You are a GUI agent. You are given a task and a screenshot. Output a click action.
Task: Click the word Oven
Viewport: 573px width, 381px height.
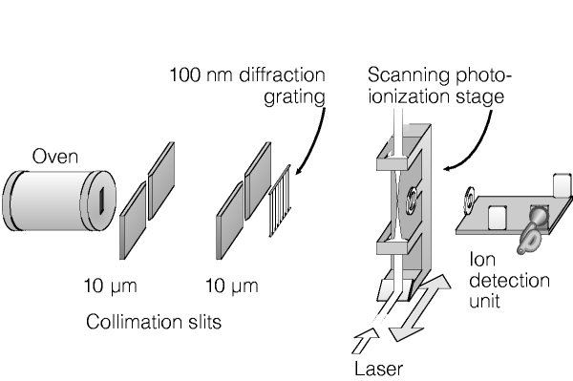55,157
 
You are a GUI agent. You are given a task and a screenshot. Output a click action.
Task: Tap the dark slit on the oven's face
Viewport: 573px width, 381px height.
103,200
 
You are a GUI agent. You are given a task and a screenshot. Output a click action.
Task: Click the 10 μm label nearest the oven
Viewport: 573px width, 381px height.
111,286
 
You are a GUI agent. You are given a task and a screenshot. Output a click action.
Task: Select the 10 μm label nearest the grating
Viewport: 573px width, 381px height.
232,286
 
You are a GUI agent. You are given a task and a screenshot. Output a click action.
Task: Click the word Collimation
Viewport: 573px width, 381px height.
134,322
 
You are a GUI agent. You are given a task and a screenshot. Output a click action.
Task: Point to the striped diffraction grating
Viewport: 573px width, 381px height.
280,201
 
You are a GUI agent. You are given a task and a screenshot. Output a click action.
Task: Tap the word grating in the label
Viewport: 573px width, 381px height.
294,97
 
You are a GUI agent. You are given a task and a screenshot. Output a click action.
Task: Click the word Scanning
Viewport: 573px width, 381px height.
409,75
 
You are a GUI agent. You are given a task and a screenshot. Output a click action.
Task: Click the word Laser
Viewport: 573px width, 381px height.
379,369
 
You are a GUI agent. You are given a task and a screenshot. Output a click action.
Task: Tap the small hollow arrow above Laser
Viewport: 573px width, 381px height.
365,341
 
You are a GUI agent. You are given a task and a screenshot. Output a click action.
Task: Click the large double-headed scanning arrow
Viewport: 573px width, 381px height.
420,307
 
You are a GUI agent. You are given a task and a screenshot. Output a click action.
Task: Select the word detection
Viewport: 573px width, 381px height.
509,281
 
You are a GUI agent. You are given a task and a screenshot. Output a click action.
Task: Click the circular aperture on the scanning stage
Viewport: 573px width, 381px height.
411,201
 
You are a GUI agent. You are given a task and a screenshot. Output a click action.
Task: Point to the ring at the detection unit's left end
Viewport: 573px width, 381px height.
469,200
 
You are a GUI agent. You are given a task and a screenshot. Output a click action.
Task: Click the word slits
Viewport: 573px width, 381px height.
205,322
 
